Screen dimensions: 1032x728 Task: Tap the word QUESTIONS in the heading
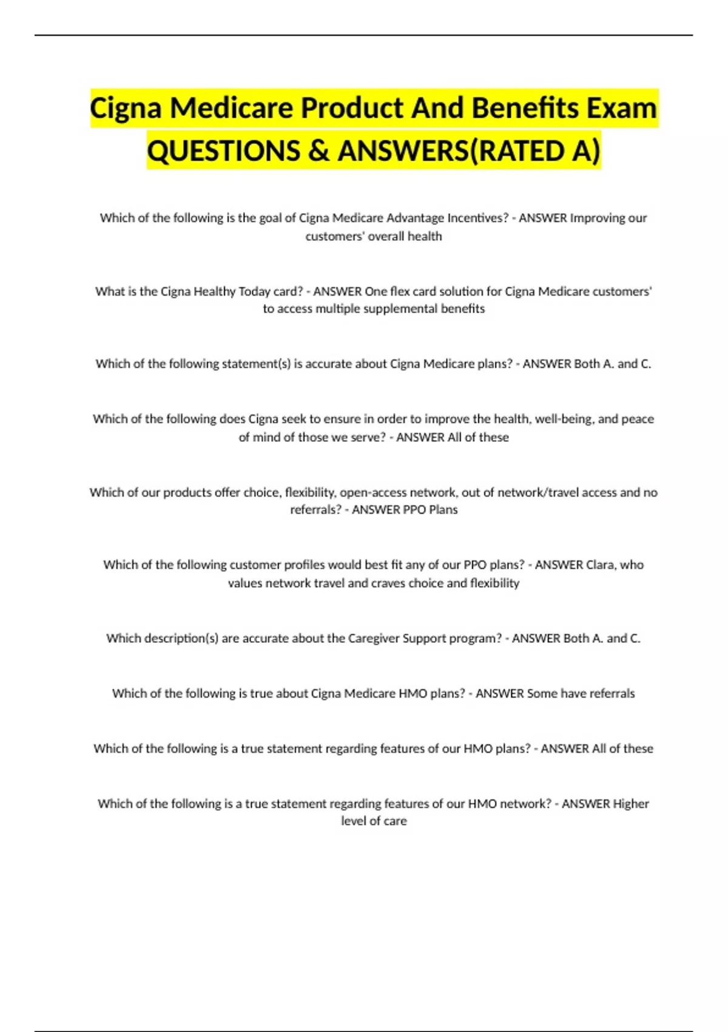[223, 151]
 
